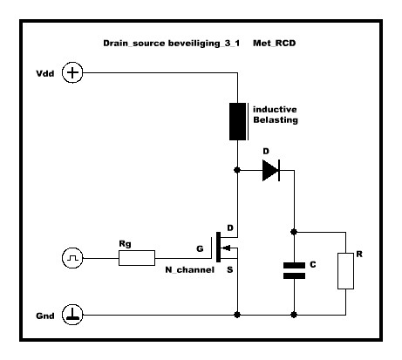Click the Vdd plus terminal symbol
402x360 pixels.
pos(72,72)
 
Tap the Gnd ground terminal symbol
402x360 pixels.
pos(72,315)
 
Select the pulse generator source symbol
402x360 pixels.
pos(72,258)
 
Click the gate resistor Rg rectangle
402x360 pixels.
pos(137,258)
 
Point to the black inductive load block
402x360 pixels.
pos(238,121)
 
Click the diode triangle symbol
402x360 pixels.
pos(271,170)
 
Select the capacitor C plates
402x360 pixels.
pos(294,270)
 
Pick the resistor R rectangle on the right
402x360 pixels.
pos(345,271)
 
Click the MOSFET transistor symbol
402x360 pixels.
pos(224,248)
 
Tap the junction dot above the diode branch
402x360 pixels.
pos(237,170)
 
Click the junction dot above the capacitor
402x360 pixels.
pos(294,232)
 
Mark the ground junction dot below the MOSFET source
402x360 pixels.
pos(237,315)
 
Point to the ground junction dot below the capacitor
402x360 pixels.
pos(294,315)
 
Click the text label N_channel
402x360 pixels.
pos(190,270)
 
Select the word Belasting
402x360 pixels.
pos(276,120)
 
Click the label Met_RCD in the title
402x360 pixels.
pos(275,44)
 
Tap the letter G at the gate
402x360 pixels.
pos(200,248)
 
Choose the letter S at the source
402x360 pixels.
pos(230,270)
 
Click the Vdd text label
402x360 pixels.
pos(45,73)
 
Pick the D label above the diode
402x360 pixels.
pos(266,152)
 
